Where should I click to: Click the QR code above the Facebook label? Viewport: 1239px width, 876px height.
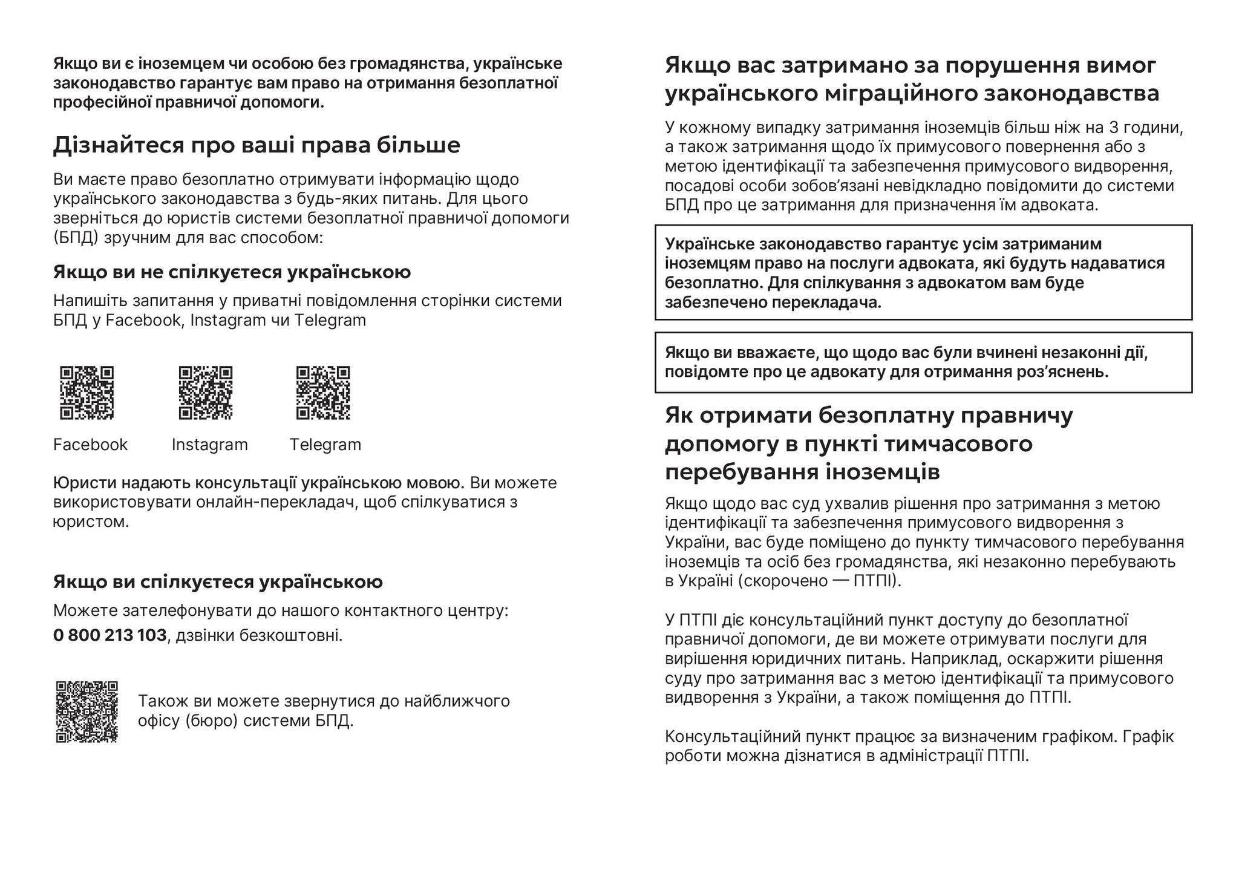click(x=87, y=393)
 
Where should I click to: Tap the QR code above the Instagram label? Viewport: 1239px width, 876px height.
click(x=206, y=393)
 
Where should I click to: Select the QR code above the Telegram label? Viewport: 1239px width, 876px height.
click(x=323, y=393)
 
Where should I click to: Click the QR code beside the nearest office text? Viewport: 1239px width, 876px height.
click(x=87, y=711)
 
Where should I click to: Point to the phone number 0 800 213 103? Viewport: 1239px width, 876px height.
click(x=110, y=635)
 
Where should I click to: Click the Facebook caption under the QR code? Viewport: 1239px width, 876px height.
click(x=90, y=445)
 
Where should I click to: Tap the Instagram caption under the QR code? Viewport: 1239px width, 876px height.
click(x=209, y=445)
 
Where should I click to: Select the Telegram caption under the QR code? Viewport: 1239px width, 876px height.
click(x=325, y=445)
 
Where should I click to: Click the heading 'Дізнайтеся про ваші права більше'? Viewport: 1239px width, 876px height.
click(x=257, y=145)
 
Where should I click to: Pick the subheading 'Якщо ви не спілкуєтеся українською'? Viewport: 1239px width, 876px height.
click(x=232, y=272)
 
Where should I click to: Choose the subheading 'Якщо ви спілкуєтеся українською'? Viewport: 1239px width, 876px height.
click(x=218, y=581)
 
